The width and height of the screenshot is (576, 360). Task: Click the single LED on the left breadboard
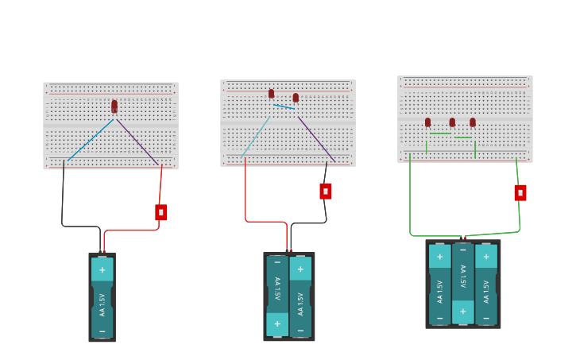click(x=114, y=106)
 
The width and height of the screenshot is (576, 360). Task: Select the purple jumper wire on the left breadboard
click(x=137, y=142)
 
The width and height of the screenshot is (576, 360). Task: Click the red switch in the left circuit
click(x=161, y=212)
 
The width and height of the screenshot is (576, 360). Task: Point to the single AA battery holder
click(x=102, y=297)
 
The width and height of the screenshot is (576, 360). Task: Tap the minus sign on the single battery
click(x=102, y=330)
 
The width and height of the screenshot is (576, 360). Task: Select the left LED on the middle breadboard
click(x=271, y=94)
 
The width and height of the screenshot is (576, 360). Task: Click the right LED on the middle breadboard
click(x=296, y=98)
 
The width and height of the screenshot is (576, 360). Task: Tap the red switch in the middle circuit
click(x=326, y=192)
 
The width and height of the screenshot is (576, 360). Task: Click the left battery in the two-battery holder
click(x=277, y=296)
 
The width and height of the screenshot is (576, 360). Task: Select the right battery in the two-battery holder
click(x=300, y=296)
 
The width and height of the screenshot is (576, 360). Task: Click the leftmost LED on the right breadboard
click(x=427, y=122)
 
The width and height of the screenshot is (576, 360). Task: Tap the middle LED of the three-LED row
click(x=452, y=122)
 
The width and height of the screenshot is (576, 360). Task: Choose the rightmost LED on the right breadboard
click(x=473, y=122)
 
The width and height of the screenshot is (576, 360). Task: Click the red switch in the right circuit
click(x=520, y=192)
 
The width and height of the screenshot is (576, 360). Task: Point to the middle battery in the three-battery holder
click(x=463, y=283)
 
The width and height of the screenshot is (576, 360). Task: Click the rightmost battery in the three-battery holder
click(x=486, y=283)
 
